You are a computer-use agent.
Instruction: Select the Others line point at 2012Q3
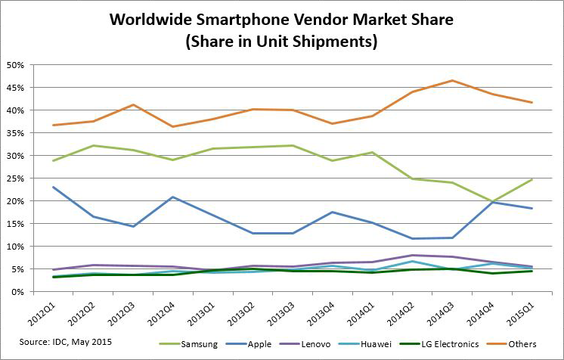(134, 105)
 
